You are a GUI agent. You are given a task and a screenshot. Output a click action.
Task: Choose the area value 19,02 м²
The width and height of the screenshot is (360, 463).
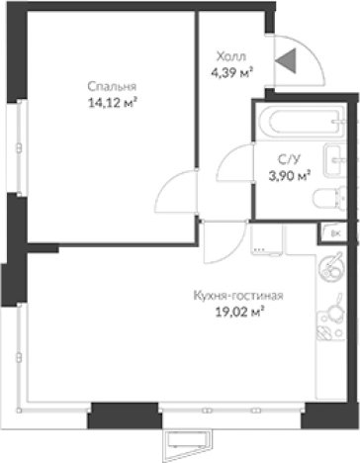[x=241, y=313]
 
